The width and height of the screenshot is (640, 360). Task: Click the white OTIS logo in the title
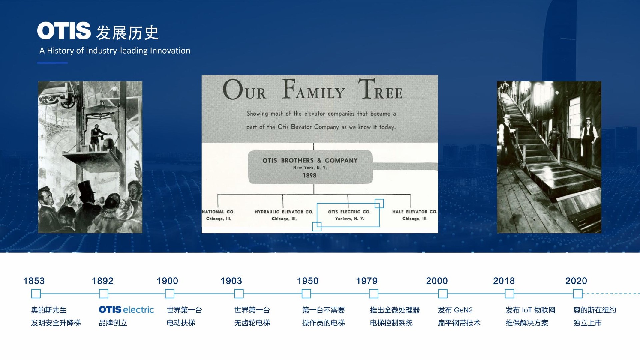coord(64,31)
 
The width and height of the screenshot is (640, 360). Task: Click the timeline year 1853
coord(34,281)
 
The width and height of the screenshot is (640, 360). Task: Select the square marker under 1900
coord(170,294)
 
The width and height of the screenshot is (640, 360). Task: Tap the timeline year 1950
coord(308,281)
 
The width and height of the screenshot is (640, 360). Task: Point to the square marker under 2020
coord(578,294)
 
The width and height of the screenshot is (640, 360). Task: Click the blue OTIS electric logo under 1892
coord(126,310)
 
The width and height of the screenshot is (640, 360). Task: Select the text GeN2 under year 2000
coord(463,310)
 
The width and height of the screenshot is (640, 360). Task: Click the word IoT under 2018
coord(527,310)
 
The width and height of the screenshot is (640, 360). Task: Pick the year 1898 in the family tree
coord(310,175)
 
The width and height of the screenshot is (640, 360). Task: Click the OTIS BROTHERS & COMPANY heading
coord(310,160)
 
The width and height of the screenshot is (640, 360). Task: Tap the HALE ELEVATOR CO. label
coord(415,212)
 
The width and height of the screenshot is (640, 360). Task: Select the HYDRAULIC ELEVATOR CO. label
coord(284,212)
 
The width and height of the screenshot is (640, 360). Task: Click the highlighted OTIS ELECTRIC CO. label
coord(349,212)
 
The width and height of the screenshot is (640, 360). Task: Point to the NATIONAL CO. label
coord(218,212)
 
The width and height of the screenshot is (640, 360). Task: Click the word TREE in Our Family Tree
coord(380,89)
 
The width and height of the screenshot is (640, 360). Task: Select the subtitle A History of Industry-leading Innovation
coord(115,51)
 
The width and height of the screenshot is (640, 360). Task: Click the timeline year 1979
coord(367,281)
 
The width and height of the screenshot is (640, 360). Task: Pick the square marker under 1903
coord(239,294)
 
